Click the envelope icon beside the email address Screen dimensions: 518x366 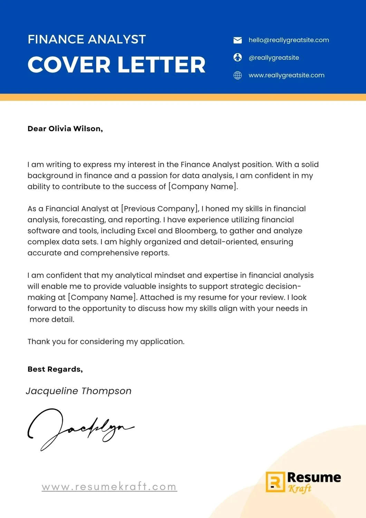tap(238, 40)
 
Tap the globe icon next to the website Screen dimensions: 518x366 tap(238, 75)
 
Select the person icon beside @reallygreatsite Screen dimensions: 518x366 tap(238, 57)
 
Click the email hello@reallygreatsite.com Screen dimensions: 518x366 tap(289, 40)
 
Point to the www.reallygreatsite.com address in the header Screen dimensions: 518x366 tap(286, 75)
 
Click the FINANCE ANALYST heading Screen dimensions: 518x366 tap(87, 39)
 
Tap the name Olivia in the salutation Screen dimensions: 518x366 tap(60, 129)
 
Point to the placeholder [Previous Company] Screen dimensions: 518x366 tap(160, 209)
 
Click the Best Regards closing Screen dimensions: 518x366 tap(55, 369)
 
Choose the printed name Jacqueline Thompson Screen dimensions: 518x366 tap(79, 391)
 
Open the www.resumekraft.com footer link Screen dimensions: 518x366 tap(109, 487)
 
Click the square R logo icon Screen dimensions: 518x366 tap(275, 482)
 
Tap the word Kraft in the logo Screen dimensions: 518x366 tap(300, 489)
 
